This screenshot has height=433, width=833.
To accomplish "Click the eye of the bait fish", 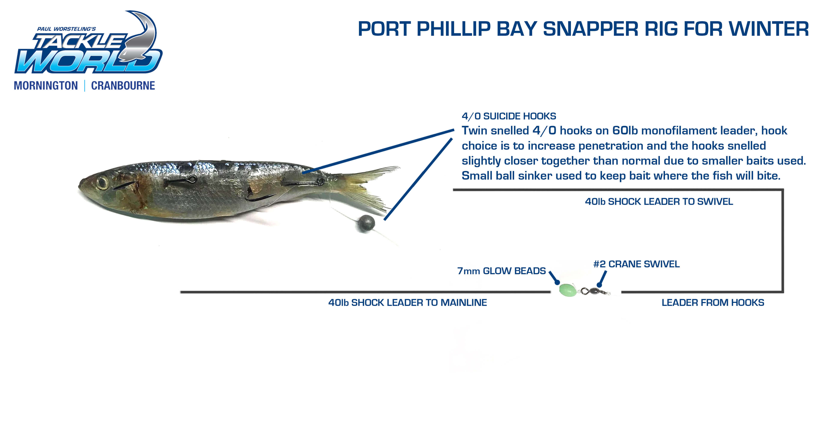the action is pyautogui.click(x=102, y=183).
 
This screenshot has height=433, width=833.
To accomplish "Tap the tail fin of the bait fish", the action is pyautogui.click(x=365, y=189).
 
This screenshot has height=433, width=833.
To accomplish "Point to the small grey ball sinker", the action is pyautogui.click(x=366, y=223).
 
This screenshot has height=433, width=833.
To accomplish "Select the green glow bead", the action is pyautogui.click(x=568, y=290).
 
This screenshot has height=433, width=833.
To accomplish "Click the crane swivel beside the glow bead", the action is pyautogui.click(x=594, y=291).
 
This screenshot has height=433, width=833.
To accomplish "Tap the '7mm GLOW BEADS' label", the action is pyautogui.click(x=501, y=271).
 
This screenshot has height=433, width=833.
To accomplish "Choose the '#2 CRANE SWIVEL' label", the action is pyautogui.click(x=636, y=264).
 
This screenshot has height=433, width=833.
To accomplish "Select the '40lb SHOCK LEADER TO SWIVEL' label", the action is pyautogui.click(x=659, y=202).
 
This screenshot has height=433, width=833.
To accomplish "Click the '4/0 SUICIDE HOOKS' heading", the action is pyautogui.click(x=509, y=116).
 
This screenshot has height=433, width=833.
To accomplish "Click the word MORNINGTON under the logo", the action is pyautogui.click(x=46, y=86).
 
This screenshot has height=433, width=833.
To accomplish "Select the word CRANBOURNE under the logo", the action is pyautogui.click(x=123, y=86).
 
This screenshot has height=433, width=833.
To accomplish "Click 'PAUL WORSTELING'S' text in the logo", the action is pyautogui.click(x=66, y=29).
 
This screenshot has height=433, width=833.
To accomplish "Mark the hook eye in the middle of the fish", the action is pyautogui.click(x=193, y=178).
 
